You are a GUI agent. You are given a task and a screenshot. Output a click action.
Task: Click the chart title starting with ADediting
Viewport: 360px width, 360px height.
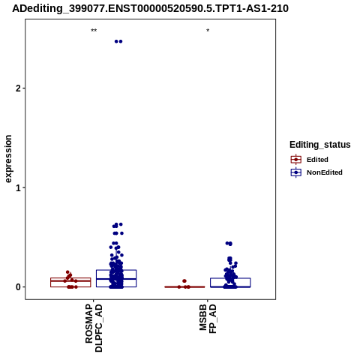point(150,8)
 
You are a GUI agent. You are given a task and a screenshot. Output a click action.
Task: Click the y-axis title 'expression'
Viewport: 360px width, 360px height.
point(8,159)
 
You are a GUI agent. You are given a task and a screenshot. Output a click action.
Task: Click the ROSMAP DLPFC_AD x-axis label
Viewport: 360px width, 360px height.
point(94,328)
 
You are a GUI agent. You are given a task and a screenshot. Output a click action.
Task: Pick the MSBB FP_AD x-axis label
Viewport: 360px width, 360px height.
point(208,319)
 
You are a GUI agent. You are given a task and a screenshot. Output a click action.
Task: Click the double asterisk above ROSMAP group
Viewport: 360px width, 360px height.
point(94,31)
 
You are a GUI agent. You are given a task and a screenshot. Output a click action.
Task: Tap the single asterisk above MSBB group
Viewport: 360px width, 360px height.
point(208,31)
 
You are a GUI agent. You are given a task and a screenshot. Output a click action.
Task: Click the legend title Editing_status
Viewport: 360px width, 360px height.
point(320,145)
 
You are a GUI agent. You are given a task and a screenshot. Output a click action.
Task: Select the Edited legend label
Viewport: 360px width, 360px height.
point(317,160)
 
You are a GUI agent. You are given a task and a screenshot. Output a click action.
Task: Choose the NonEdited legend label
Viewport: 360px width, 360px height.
point(325,172)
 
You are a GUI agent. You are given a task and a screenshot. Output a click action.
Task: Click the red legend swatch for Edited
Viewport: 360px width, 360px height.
point(296,160)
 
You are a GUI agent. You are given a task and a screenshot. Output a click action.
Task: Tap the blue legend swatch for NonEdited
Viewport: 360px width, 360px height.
point(296,172)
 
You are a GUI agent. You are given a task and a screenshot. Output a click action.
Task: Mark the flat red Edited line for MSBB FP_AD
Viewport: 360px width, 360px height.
point(184,287)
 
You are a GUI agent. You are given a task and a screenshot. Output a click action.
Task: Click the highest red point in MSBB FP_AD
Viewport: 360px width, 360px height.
point(184,281)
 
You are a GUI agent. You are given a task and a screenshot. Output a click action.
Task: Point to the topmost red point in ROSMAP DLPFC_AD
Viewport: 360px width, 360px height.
point(67,272)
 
